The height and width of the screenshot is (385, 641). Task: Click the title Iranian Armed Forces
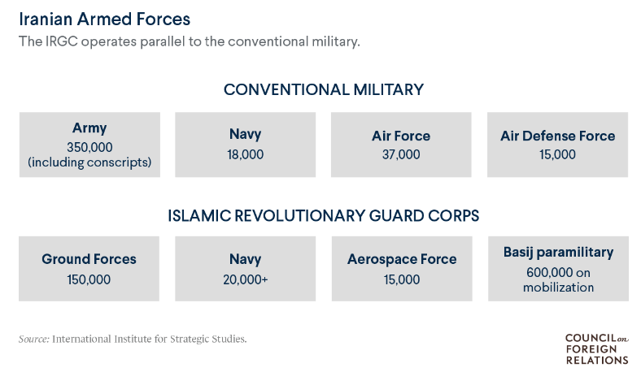pos(105,19)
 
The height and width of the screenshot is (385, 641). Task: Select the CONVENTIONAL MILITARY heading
pos(324,89)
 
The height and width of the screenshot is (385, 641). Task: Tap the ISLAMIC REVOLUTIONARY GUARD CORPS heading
pos(324,215)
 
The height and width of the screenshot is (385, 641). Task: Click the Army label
pos(89,128)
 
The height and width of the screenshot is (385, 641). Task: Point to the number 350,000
pos(89,147)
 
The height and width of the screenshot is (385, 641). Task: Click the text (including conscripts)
pos(89,162)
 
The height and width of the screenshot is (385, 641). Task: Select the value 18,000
pos(246,154)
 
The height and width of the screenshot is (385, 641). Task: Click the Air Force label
pos(401,136)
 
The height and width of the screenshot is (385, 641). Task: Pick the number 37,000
pos(401,154)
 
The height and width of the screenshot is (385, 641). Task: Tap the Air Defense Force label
pos(557,136)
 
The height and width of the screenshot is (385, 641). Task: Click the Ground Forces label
pos(89,259)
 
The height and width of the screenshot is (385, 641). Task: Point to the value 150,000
pos(89,279)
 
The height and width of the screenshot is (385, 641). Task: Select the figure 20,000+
pos(246,279)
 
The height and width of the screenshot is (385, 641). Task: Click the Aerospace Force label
pos(402,259)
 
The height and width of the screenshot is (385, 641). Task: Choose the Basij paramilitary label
pos(558,253)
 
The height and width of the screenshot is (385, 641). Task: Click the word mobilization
pos(558,288)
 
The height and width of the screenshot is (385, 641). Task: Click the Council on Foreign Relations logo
pos(597,349)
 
